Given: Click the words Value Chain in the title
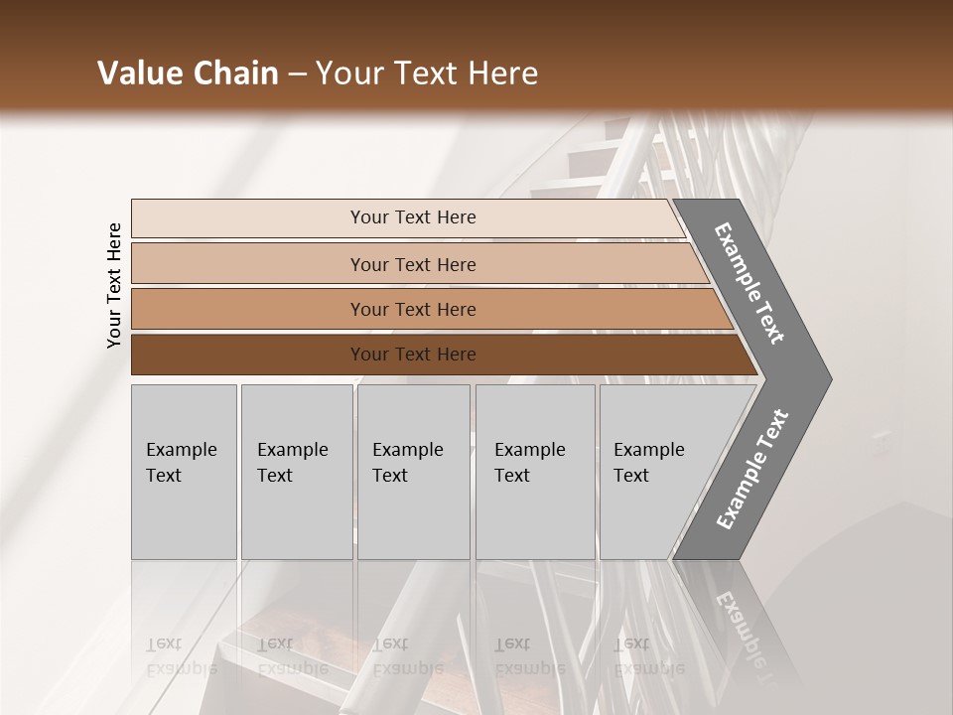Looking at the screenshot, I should [x=188, y=73].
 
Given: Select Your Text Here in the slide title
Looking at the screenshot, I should [x=427, y=73].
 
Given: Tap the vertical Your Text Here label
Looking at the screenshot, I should [x=114, y=285].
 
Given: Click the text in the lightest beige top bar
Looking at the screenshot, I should [x=413, y=217].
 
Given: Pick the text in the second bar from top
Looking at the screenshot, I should [x=413, y=264].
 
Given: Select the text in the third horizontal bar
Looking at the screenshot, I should [x=413, y=310].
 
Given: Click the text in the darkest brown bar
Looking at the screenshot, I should [x=413, y=355].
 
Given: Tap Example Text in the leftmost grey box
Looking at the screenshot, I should [x=181, y=463].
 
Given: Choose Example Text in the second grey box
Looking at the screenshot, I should [x=292, y=463].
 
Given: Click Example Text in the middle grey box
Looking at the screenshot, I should [x=407, y=463].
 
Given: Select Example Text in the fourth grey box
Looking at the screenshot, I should [x=529, y=463].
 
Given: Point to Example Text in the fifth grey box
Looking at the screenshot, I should [x=648, y=463].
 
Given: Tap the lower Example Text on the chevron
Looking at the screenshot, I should [x=752, y=469].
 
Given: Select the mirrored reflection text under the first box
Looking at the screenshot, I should [x=182, y=655].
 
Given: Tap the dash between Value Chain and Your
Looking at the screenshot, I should [x=297, y=74].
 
